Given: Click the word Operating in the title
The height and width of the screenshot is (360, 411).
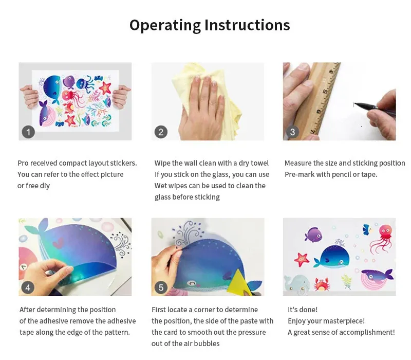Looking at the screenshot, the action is (x=165, y=26).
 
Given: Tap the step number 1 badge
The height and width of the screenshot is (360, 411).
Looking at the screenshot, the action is (x=28, y=132).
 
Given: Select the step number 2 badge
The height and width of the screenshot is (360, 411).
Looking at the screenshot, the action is (x=161, y=132).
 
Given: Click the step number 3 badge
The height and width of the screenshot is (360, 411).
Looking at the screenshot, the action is (x=292, y=132).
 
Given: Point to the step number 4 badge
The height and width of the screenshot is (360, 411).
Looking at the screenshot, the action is (x=28, y=288).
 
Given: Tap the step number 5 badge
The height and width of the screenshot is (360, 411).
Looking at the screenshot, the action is (x=161, y=288).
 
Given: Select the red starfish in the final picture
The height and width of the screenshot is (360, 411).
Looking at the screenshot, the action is (x=302, y=259).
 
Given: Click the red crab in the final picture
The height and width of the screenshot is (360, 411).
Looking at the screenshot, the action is (x=322, y=285).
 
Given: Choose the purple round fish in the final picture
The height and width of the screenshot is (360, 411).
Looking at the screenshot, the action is (x=313, y=235).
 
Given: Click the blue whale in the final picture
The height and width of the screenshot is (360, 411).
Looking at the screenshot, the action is (x=333, y=257).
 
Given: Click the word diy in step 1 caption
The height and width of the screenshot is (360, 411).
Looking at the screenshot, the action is (x=45, y=186).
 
